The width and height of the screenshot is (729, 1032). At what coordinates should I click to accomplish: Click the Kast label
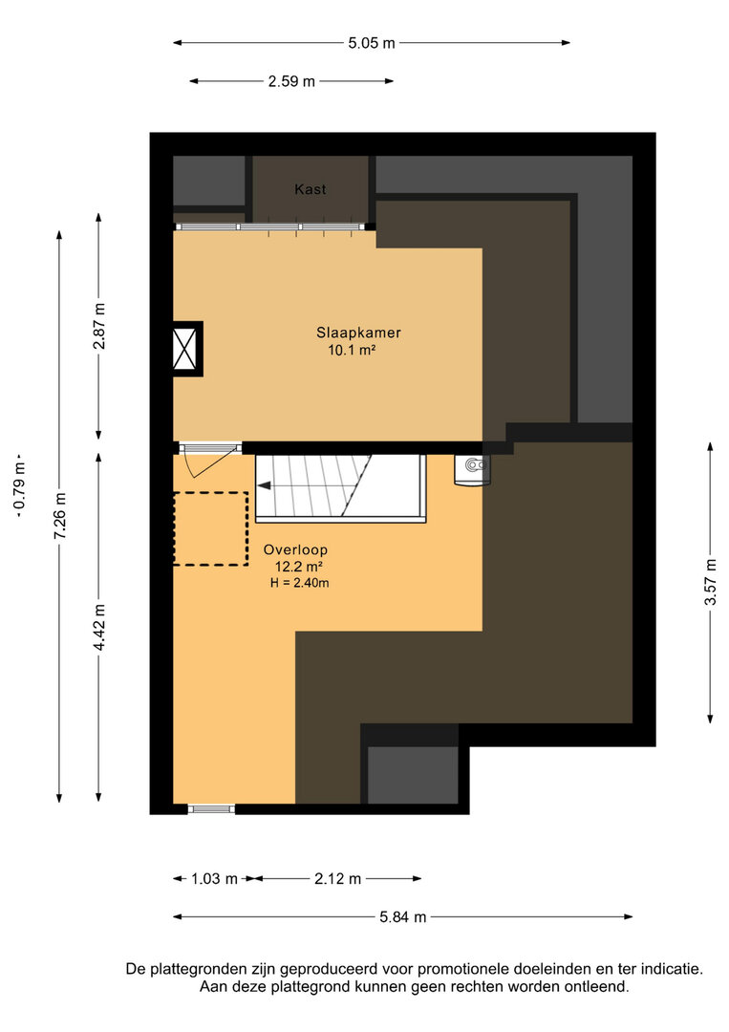[310, 189]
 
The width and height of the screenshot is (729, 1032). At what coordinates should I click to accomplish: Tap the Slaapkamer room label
[358, 333]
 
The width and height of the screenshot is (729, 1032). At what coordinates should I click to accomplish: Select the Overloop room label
[295, 549]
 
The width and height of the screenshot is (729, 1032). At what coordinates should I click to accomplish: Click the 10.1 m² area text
[352, 350]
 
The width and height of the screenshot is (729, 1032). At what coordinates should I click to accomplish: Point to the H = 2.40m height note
[299, 583]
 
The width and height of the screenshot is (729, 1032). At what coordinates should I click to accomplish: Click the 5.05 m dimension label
[372, 43]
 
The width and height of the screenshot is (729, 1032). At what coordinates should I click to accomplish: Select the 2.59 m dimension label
[291, 81]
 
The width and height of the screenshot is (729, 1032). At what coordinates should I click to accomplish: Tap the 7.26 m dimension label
[60, 516]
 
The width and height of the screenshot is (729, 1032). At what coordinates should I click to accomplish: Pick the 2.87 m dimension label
[99, 326]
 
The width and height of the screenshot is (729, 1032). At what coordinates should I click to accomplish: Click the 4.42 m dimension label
[99, 627]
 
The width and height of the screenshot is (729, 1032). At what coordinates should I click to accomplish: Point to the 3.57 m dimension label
[711, 582]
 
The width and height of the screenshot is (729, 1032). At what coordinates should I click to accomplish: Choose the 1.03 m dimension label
[214, 879]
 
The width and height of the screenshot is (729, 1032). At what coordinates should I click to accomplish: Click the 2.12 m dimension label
[337, 879]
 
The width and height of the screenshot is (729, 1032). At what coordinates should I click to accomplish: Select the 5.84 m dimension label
[402, 916]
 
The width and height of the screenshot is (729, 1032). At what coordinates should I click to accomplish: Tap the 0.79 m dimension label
[20, 485]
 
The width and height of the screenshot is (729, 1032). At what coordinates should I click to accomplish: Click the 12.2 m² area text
[299, 567]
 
